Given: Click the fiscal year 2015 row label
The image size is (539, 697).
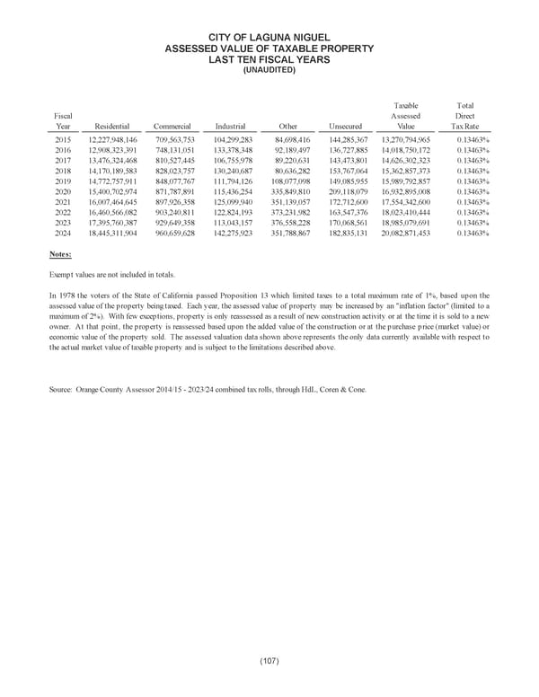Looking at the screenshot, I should click(x=62, y=141).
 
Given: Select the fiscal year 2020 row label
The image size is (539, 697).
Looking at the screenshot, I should click(x=62, y=192).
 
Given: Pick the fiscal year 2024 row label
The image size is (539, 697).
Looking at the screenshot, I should click(x=62, y=233).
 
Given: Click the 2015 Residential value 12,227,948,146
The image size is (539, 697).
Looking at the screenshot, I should click(x=112, y=141).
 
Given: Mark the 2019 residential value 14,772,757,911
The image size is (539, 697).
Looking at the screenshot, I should click(x=112, y=181).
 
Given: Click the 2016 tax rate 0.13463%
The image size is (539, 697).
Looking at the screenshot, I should click(x=473, y=151).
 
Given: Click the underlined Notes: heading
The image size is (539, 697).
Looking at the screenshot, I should click(x=61, y=254).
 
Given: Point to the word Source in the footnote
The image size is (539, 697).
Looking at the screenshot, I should click(x=63, y=415).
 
